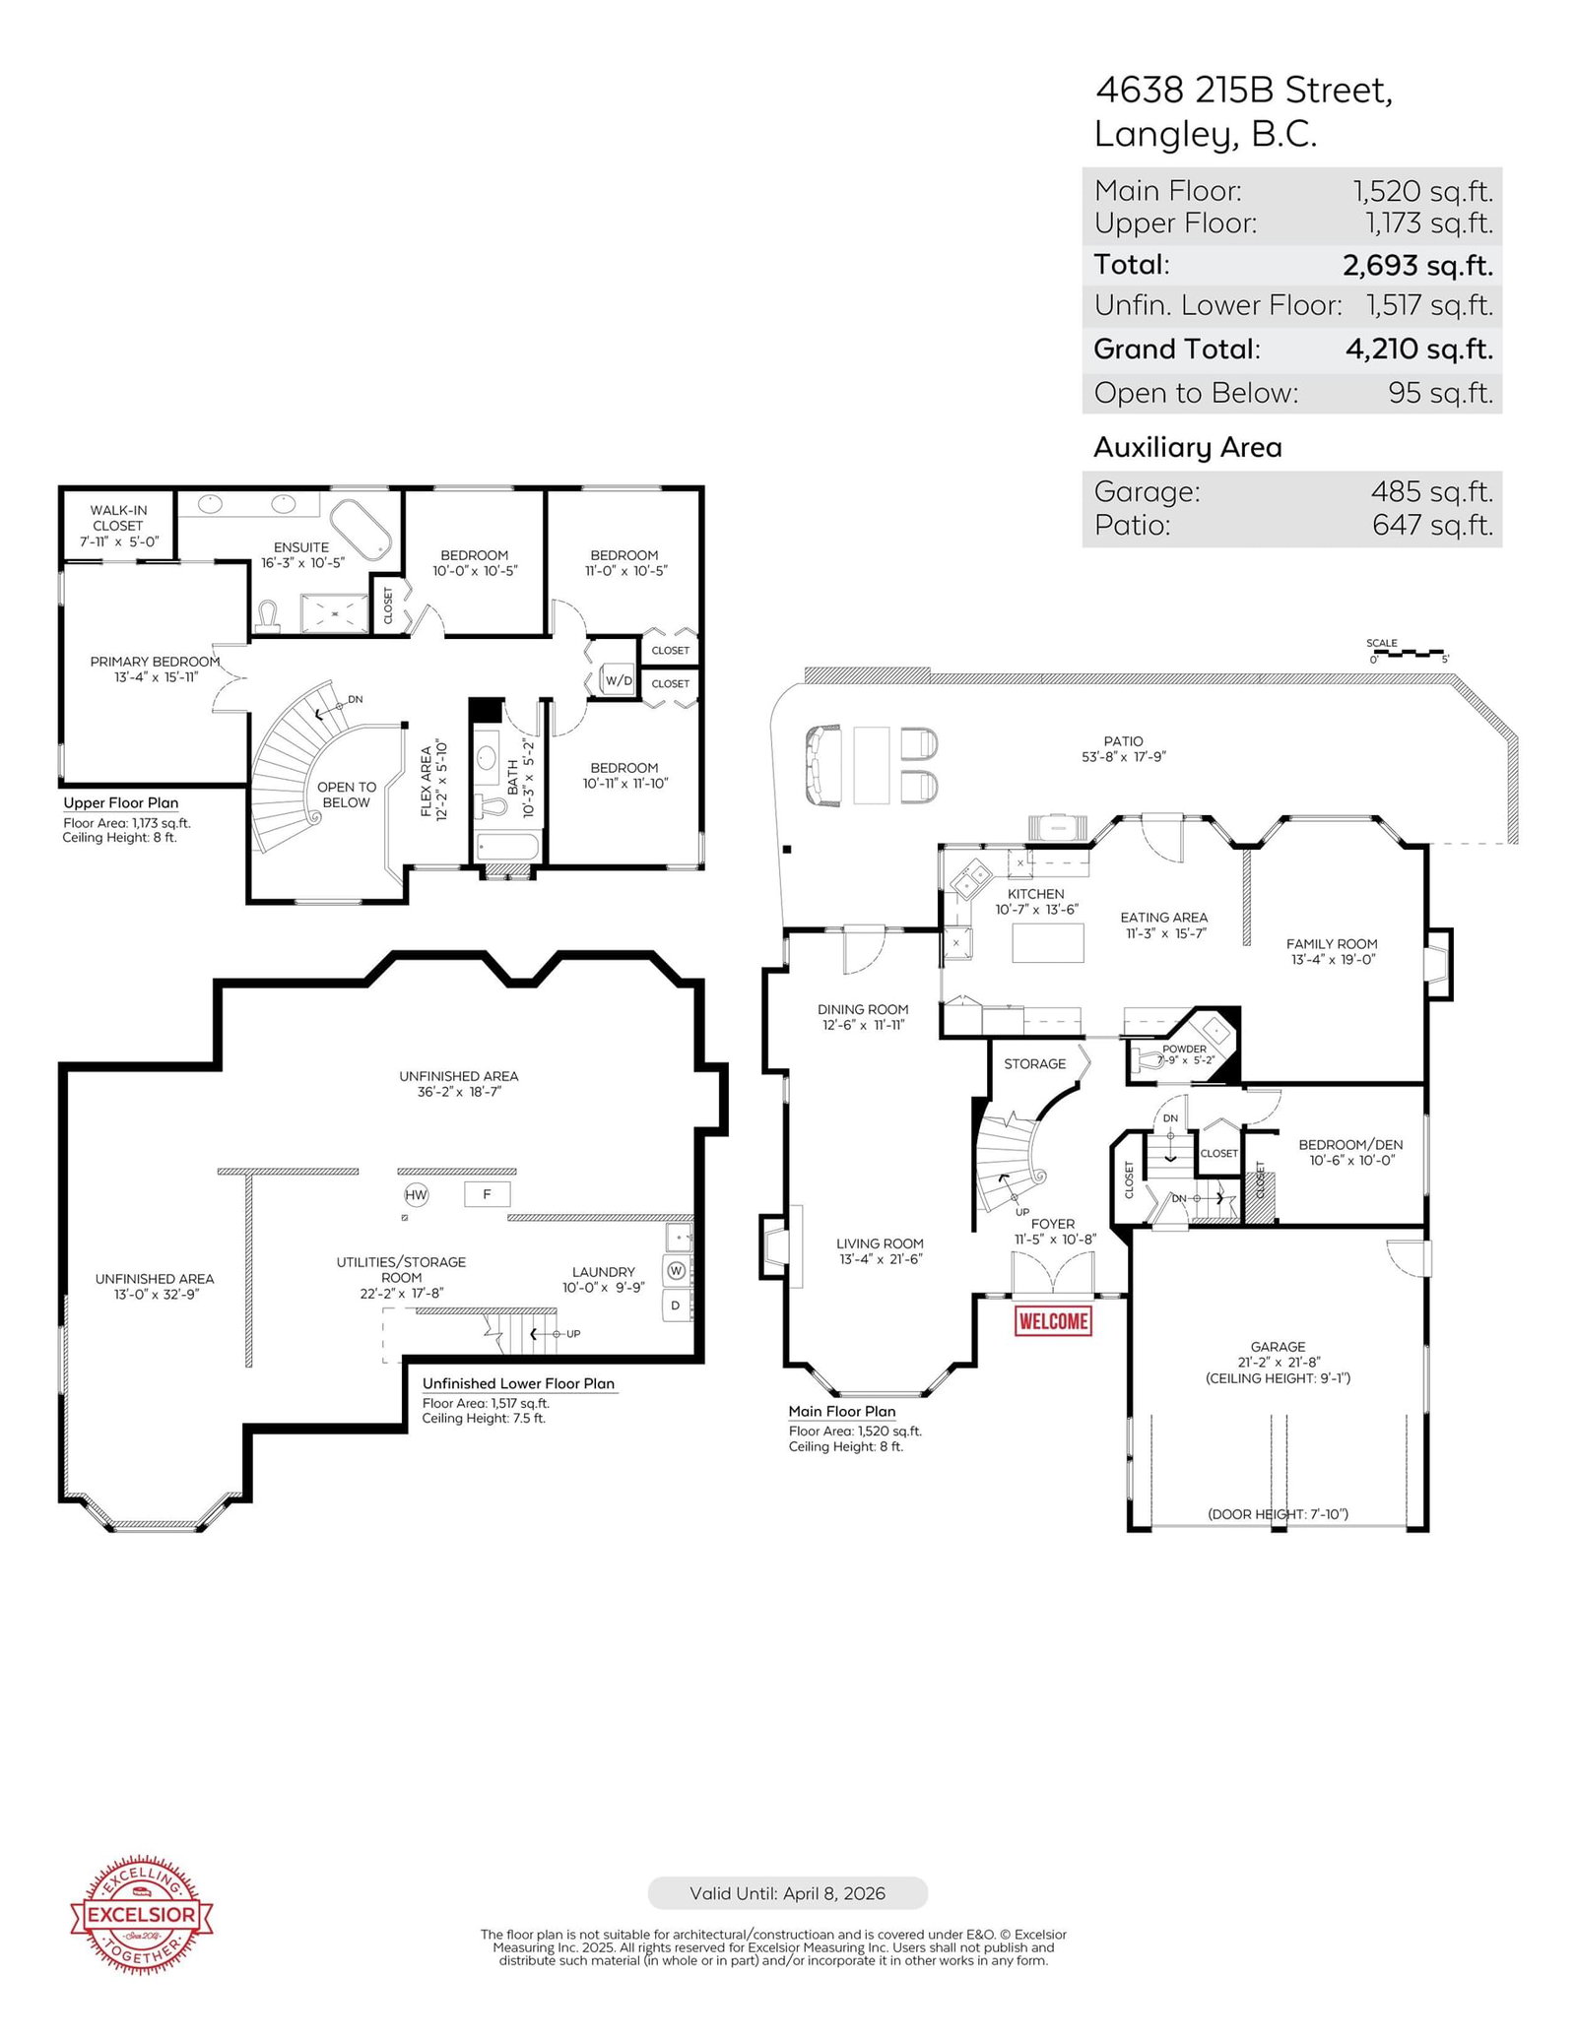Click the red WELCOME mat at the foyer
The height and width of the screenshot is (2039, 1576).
pos(1053,1320)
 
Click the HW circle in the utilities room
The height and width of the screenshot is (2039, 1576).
pos(417,1195)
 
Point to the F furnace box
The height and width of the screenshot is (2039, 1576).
pos(487,1194)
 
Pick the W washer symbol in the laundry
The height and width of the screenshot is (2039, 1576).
pos(677,1271)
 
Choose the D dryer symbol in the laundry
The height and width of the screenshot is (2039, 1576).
pos(676,1306)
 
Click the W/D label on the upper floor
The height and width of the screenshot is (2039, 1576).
pos(619,680)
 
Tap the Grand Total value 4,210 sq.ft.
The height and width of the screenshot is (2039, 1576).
pos(1419,349)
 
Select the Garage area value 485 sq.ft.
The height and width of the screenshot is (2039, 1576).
pos(1432,490)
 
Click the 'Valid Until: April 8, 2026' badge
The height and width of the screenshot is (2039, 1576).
pos(787,1893)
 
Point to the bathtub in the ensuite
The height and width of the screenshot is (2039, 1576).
pos(361,531)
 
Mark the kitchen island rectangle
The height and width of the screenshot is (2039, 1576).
pos(1048,942)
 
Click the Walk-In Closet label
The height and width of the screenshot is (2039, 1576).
pos(118,526)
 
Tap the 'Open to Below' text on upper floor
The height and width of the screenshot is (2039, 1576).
pos(347,795)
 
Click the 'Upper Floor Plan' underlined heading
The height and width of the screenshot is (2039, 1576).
pos(121,803)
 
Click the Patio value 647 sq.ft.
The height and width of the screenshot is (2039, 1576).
pos(1433,525)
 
